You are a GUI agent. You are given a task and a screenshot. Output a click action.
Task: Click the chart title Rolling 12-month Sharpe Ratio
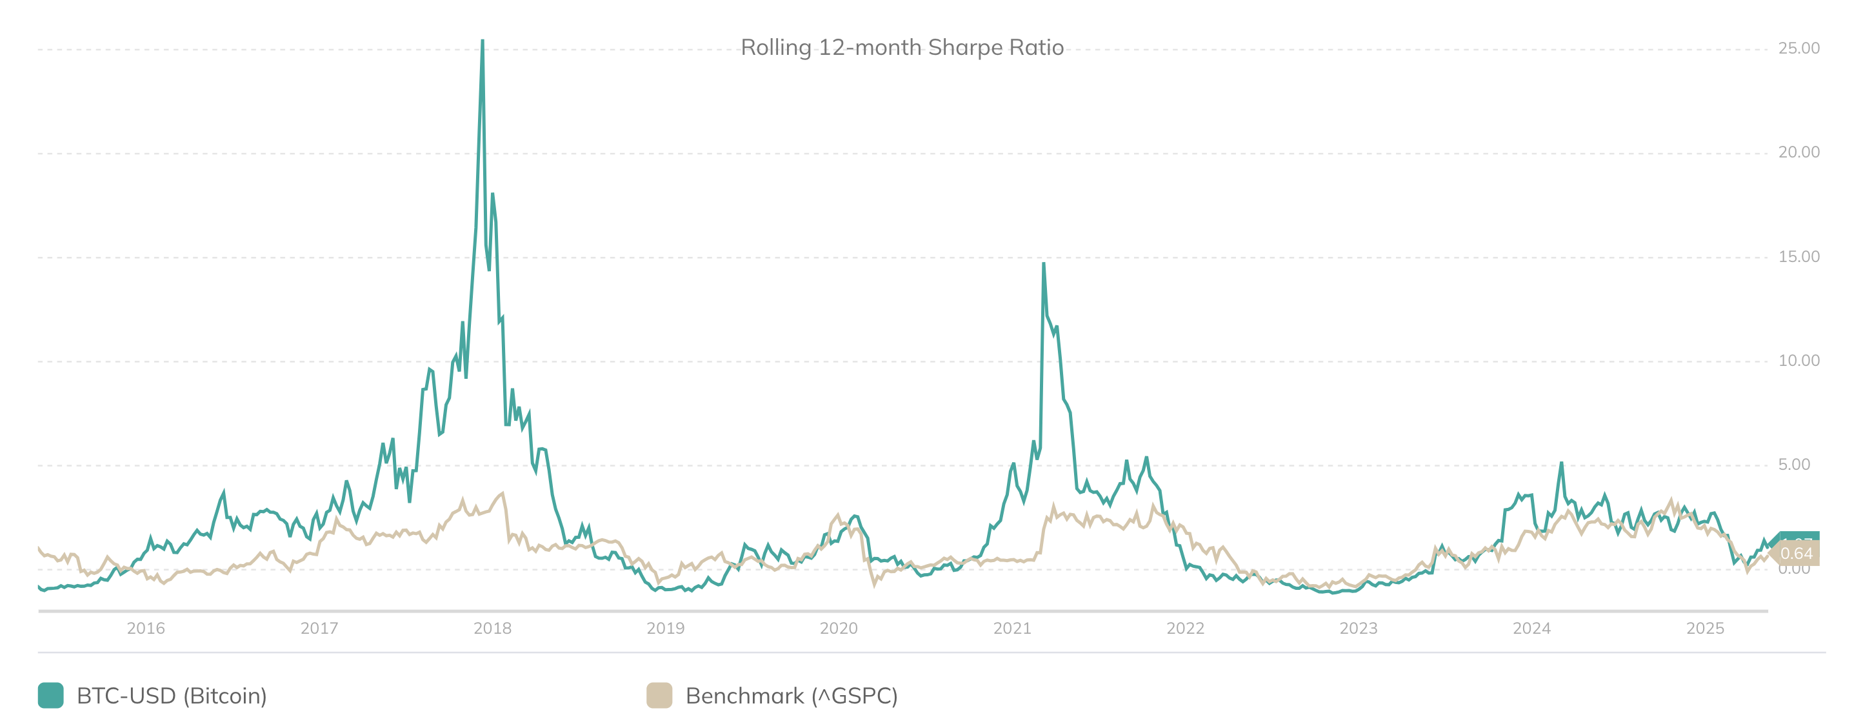point(902,48)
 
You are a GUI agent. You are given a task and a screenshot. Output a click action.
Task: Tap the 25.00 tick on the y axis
point(1798,48)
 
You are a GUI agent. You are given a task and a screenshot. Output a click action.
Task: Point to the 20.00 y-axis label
point(1798,152)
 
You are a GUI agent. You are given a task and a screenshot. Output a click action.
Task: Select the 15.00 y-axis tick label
point(1798,257)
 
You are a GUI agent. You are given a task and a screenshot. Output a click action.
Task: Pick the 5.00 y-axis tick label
point(1793,465)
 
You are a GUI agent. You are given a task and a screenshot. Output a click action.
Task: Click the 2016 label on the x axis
point(145,628)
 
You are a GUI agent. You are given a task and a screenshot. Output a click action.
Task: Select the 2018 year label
point(492,628)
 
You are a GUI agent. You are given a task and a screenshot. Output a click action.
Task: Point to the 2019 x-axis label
point(665,628)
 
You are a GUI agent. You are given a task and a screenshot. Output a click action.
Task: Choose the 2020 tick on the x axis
point(838,628)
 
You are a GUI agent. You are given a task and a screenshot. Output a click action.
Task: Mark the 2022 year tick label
point(1186,628)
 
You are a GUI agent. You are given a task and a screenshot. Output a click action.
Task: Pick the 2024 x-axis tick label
point(1532,628)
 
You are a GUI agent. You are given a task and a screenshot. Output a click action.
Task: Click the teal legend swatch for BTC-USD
point(50,696)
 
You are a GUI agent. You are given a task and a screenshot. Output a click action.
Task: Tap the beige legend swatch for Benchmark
point(659,696)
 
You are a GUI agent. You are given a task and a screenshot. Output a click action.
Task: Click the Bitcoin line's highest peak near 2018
point(483,41)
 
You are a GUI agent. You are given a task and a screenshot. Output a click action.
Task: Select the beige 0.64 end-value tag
point(1797,554)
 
